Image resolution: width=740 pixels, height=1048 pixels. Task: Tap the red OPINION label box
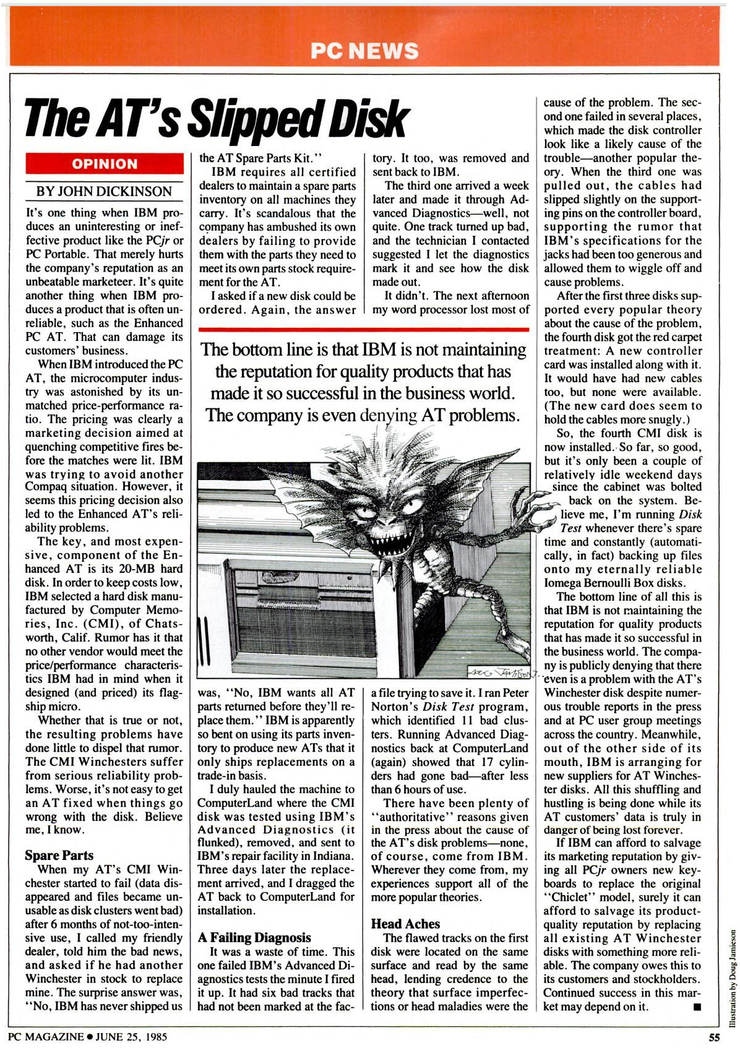105,164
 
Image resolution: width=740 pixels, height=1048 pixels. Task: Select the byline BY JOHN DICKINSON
104,191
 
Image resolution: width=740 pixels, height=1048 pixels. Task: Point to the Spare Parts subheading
59,856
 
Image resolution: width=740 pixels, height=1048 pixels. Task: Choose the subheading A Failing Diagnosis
254,938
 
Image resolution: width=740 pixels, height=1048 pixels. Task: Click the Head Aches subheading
405,924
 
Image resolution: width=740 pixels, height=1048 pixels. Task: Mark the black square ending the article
697,1007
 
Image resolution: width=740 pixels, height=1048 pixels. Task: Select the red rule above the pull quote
364,329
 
